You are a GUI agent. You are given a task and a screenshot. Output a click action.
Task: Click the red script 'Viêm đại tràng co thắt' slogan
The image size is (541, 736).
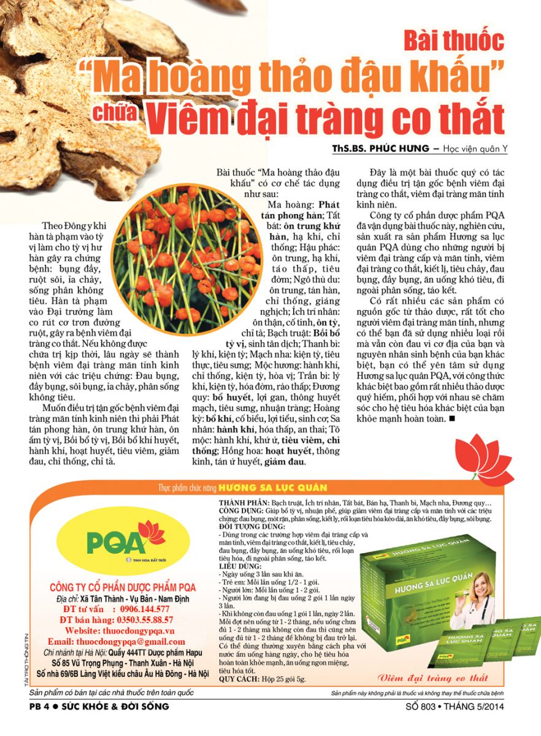pyautogui.click(x=434, y=678)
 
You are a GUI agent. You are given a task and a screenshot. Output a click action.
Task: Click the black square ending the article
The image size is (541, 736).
pyautogui.click(x=452, y=419)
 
